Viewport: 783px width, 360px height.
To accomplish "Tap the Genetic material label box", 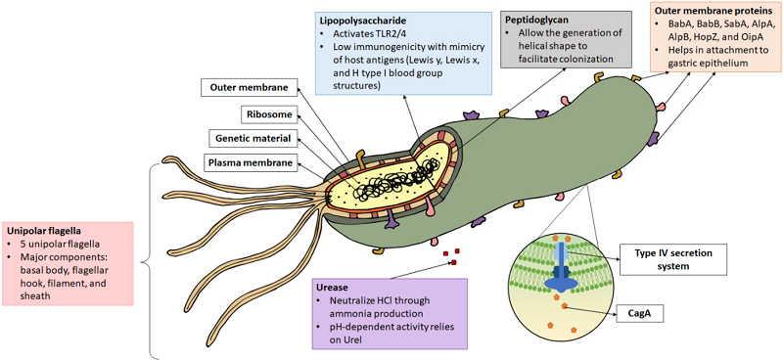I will pos(253,138).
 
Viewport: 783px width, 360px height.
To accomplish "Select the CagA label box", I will pos(643,313).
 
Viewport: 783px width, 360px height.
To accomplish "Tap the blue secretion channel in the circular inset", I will pos(559,263).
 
